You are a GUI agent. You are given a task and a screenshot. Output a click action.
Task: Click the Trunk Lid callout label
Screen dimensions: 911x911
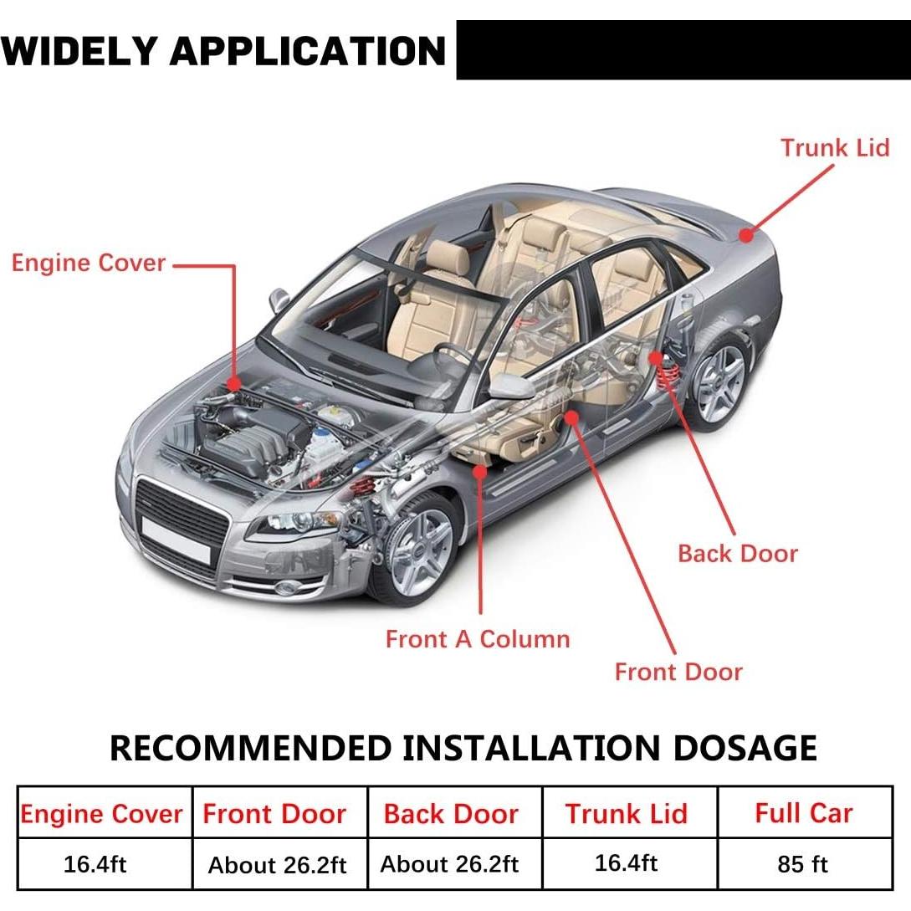coord(835,148)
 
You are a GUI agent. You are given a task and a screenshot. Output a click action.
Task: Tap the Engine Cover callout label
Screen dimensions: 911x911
coord(89,263)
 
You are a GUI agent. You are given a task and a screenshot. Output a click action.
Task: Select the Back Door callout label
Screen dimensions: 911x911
coord(737,554)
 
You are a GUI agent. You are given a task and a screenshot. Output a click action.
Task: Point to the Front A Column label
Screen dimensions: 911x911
coord(477,639)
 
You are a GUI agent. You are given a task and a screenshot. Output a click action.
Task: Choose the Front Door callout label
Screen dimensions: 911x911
coord(678,672)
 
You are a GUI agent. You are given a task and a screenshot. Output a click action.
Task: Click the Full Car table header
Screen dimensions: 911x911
coord(803,813)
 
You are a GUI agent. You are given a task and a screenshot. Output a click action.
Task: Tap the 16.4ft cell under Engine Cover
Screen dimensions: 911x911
coord(95,864)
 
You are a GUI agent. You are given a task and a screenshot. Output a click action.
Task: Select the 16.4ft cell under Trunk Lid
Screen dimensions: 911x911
coord(626,862)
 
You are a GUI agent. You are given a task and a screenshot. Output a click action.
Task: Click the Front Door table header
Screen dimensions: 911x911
coord(274,814)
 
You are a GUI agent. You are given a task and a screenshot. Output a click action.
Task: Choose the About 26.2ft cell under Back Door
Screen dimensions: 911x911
coord(450,864)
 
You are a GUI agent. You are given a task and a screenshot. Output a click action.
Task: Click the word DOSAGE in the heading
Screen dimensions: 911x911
coord(745,747)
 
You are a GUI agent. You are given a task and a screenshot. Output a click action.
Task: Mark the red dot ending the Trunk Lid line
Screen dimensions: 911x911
coord(745,236)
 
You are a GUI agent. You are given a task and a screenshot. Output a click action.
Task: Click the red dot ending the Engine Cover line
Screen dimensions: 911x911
coord(234,383)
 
